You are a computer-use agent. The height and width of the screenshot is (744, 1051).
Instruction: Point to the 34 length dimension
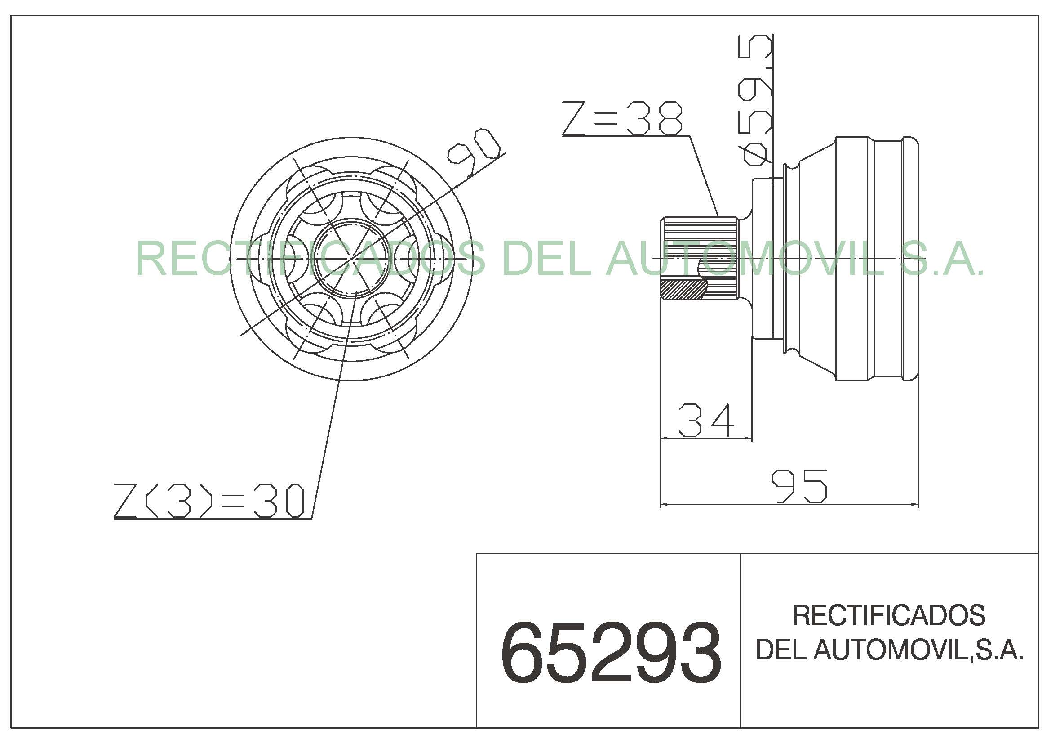tap(706, 420)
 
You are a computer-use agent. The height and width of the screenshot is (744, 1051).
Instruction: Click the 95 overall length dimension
tap(799, 486)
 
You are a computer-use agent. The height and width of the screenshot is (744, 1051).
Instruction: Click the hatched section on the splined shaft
tap(683, 291)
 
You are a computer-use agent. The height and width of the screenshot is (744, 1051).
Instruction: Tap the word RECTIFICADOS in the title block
tap(889, 616)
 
